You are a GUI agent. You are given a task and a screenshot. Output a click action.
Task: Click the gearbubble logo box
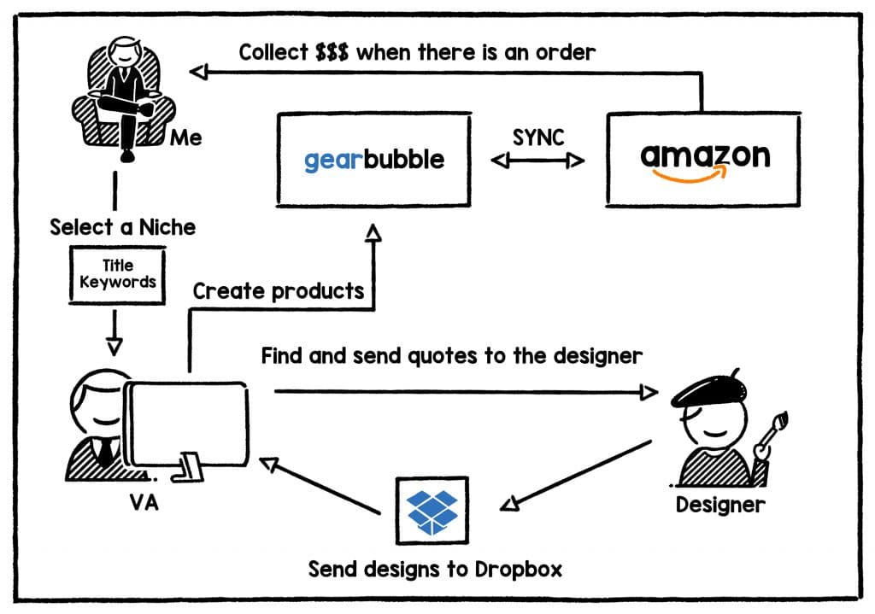pos(373,159)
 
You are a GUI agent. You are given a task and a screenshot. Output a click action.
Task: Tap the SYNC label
pos(538,137)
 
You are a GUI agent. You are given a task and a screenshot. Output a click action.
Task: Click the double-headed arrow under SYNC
pos(538,160)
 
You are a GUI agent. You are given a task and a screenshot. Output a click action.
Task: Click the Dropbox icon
pos(432,510)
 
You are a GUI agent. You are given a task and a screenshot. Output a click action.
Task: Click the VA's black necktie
pos(104,450)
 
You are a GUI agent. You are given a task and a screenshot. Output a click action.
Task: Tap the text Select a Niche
pos(122,227)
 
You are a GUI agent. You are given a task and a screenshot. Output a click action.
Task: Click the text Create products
pos(279,291)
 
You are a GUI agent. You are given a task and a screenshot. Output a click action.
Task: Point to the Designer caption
pos(719,504)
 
